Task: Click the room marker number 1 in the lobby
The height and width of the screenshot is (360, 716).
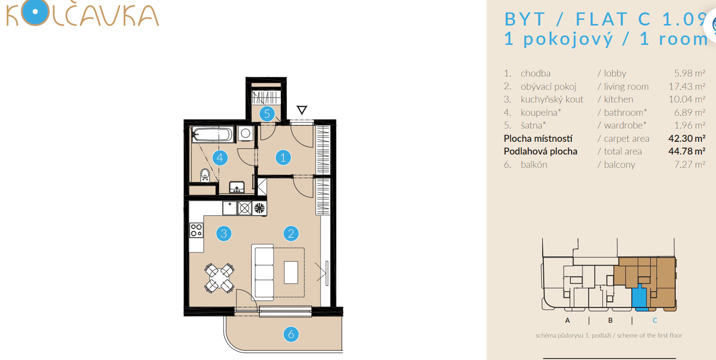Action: click(x=283, y=158)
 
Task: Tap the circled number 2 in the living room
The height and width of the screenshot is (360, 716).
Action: click(x=291, y=234)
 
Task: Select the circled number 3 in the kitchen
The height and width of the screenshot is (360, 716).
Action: click(x=223, y=234)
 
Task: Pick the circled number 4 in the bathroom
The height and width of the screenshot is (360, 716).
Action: click(x=220, y=158)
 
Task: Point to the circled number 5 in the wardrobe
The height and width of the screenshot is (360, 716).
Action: click(x=267, y=114)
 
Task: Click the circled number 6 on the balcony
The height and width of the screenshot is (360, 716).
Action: click(x=291, y=335)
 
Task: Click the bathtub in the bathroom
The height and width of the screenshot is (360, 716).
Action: click(x=212, y=135)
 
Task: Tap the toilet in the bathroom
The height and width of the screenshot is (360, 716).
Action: click(x=205, y=175)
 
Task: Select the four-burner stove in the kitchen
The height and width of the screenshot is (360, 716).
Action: click(x=196, y=230)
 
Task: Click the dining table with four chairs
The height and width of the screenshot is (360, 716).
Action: click(x=220, y=278)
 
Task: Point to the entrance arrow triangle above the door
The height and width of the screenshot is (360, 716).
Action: click(x=302, y=110)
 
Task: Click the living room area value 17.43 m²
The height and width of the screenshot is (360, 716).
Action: click(x=686, y=87)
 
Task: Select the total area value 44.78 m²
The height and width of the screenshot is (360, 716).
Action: click(x=686, y=151)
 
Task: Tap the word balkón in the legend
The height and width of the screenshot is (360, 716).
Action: click(x=534, y=165)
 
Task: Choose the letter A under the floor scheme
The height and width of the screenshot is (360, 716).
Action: click(x=567, y=321)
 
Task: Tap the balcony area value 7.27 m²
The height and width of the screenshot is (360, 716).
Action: click(x=690, y=165)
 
